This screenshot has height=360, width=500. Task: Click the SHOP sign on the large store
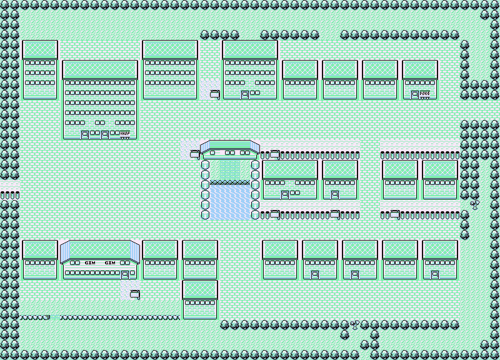[x=124, y=134]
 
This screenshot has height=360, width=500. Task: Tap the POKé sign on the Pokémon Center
[x=425, y=94]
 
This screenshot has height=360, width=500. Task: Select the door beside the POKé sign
[x=414, y=94]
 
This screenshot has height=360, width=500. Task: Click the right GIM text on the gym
[x=110, y=263]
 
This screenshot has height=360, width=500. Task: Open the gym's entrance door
[x=125, y=274]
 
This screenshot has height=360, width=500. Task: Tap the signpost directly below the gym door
[x=134, y=293]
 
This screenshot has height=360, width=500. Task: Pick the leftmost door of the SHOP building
[x=85, y=134]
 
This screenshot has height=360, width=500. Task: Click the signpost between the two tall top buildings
[x=214, y=94]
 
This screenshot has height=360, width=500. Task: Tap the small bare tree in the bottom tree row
[x=355, y=325]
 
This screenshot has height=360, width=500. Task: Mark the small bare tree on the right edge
[x=474, y=203]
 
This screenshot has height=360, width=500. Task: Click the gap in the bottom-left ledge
[x=55, y=317]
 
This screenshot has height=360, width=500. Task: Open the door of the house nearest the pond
[x=285, y=194]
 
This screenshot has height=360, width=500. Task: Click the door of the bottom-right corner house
[x=435, y=274]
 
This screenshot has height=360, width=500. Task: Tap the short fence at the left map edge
[x=9, y=195]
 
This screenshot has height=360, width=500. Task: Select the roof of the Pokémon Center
[x=420, y=69]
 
